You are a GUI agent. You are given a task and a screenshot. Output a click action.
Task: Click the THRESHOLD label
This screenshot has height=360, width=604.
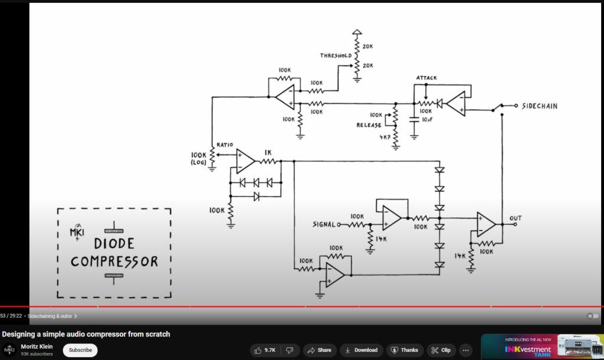(x=336, y=55)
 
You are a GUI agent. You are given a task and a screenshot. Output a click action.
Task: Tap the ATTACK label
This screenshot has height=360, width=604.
(x=426, y=77)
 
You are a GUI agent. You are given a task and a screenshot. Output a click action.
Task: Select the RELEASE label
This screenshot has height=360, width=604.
(x=369, y=125)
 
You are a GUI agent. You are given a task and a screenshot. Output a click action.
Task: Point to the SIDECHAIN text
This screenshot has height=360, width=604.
(x=540, y=106)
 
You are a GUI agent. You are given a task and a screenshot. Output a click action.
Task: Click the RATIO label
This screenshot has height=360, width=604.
(x=225, y=145)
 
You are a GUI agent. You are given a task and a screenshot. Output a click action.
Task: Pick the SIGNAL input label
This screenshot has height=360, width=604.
(x=324, y=224)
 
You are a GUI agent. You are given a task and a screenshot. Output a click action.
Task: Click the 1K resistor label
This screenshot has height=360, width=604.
(x=268, y=152)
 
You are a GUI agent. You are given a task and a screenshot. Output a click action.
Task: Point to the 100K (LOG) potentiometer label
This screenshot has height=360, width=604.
(x=198, y=158)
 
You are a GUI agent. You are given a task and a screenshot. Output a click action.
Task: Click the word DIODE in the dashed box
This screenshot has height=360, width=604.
(x=114, y=243)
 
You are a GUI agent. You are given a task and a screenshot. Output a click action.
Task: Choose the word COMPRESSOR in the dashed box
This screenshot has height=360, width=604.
(x=114, y=261)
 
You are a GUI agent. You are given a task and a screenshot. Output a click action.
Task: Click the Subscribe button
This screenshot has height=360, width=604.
(x=80, y=350)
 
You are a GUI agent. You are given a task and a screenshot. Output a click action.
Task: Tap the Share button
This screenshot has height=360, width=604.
(x=319, y=350)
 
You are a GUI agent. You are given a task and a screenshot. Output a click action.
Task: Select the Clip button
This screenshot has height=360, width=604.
(x=441, y=350)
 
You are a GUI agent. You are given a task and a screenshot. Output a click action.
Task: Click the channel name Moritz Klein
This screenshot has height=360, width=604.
(x=37, y=346)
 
